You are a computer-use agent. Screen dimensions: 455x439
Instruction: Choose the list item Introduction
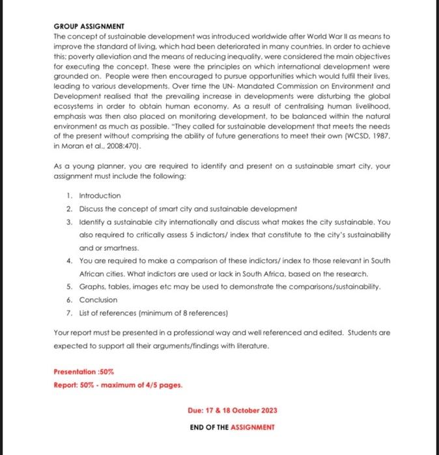coord(100,196)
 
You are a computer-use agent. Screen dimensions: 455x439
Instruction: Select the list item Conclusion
coord(98,300)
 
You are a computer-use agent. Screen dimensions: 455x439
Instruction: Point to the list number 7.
coord(69,313)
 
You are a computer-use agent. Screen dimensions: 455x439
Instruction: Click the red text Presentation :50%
coord(83,372)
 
